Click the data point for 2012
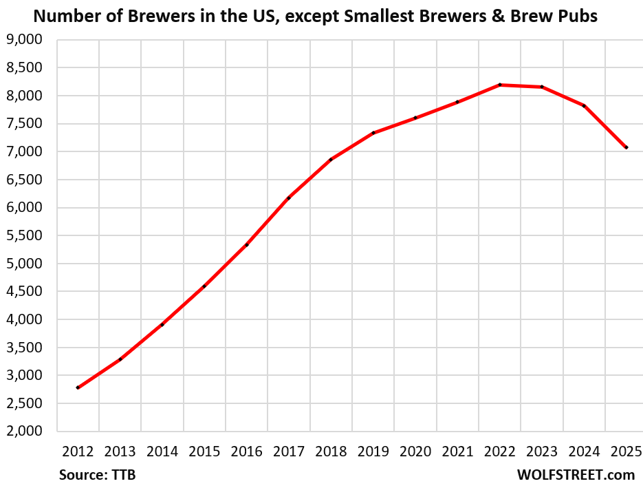[x=78, y=388]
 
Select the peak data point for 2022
[x=500, y=85]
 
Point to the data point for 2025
[x=626, y=147]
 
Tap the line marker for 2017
[x=289, y=198]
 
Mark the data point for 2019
[x=373, y=133]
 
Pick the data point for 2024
[x=585, y=106]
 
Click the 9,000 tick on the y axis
[x=25, y=40]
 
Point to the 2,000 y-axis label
[x=25, y=432]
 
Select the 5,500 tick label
[x=25, y=235]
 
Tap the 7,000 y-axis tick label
[x=25, y=151]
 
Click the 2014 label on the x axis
[x=162, y=452]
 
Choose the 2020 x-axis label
[x=415, y=452]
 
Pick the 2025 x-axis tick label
[x=626, y=452]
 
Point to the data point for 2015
[x=204, y=286]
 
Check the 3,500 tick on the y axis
[x=25, y=348]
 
